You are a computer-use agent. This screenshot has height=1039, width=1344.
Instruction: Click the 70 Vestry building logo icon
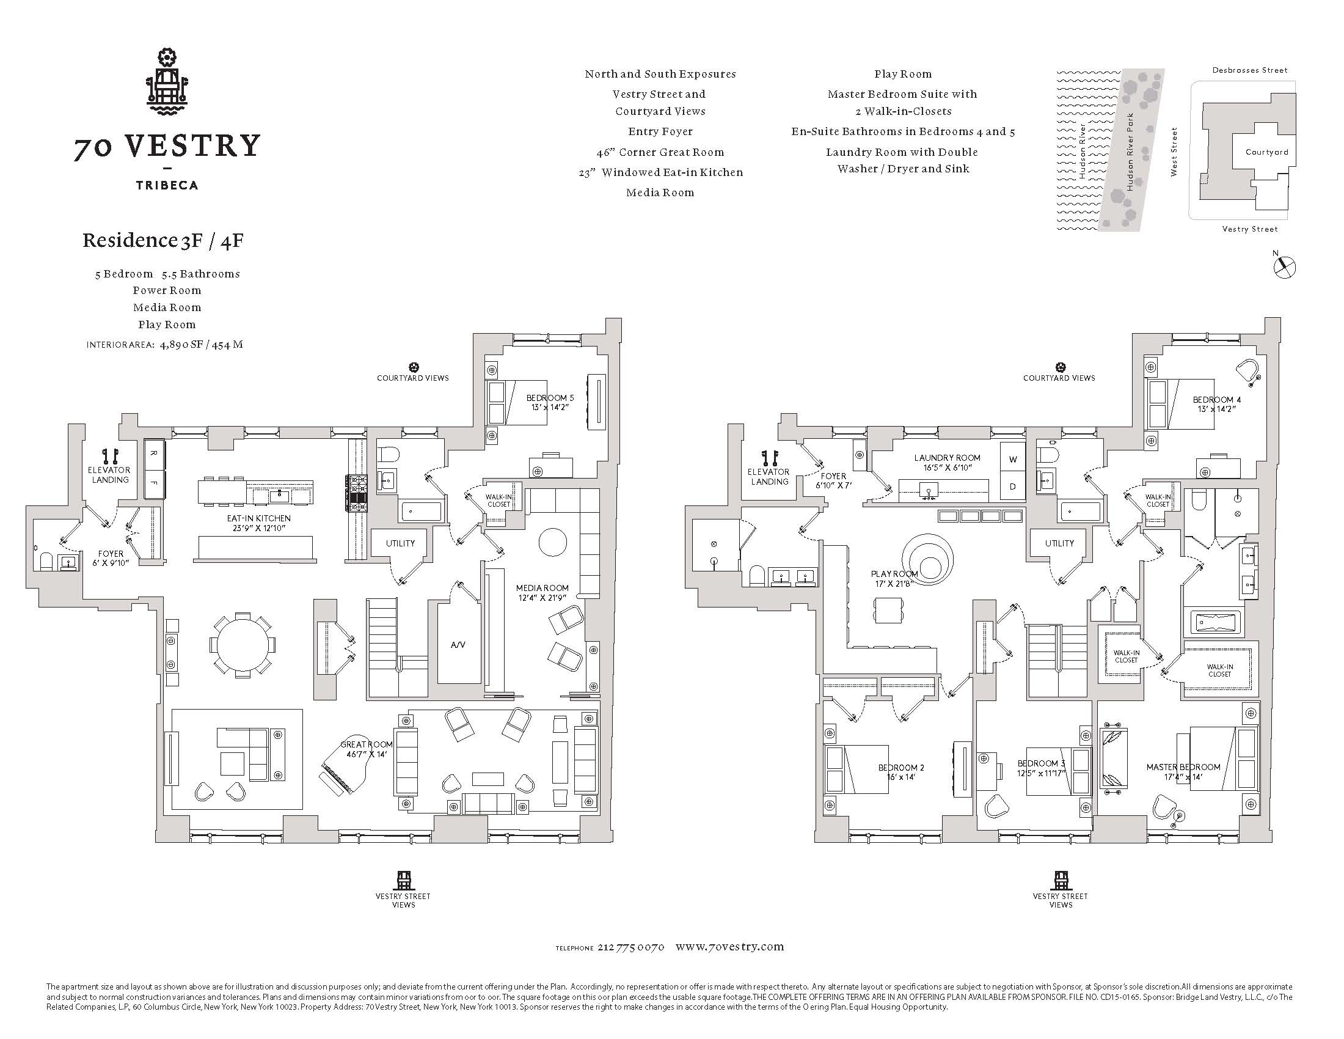167,84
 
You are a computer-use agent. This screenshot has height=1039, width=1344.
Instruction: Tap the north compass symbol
1284,267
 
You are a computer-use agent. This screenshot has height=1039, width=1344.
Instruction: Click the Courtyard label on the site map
1266,152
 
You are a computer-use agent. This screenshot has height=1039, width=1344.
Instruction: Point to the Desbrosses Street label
1250,70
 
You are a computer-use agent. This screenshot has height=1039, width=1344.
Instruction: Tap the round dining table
243,645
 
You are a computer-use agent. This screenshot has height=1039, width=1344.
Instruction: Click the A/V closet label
458,644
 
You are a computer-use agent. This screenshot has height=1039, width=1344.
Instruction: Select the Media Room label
542,593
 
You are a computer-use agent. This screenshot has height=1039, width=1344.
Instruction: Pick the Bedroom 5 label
550,403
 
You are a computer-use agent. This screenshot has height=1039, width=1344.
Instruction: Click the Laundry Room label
947,463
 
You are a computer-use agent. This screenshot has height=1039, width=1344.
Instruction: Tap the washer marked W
1012,460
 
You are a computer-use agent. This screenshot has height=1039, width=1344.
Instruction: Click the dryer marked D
1012,486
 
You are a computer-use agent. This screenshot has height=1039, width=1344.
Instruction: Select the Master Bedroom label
1183,772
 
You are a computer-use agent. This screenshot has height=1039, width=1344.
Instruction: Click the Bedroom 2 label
901,773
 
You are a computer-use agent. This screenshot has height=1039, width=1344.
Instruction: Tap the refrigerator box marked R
154,454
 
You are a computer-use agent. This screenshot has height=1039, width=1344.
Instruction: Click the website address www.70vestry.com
729,947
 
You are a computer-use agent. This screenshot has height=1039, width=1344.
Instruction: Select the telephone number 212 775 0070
631,947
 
